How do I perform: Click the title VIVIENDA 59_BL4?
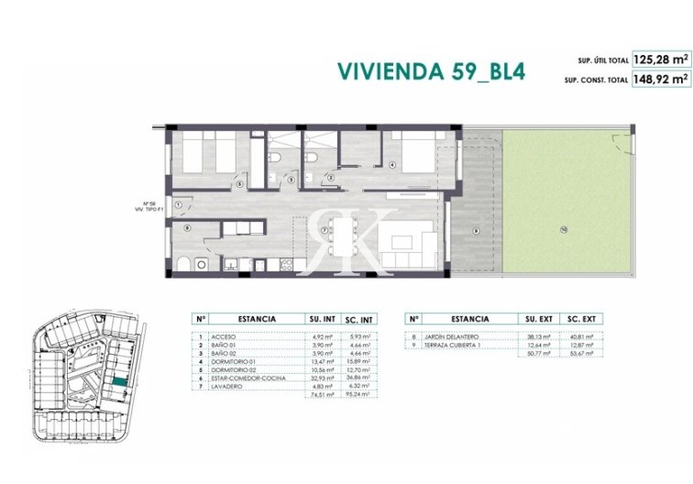430,71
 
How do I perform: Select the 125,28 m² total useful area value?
660,60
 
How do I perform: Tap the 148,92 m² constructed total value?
660,80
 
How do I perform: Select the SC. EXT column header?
583,318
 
